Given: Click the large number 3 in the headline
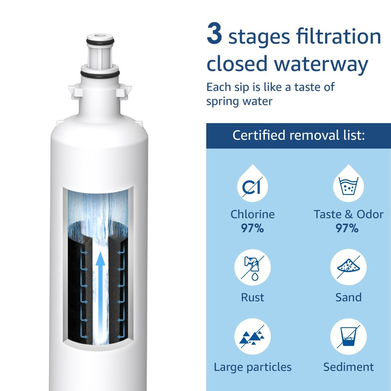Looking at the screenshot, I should [x=215, y=35].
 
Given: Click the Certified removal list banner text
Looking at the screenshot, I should [x=298, y=136].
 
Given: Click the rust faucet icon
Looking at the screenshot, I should [x=252, y=267].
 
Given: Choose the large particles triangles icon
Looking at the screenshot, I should [x=252, y=337].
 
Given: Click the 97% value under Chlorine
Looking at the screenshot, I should [x=252, y=228].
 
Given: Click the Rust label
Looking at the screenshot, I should [x=252, y=297].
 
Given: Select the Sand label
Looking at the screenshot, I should [x=348, y=297].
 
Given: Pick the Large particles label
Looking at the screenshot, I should [x=252, y=367].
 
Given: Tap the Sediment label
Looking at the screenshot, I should [x=348, y=367].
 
